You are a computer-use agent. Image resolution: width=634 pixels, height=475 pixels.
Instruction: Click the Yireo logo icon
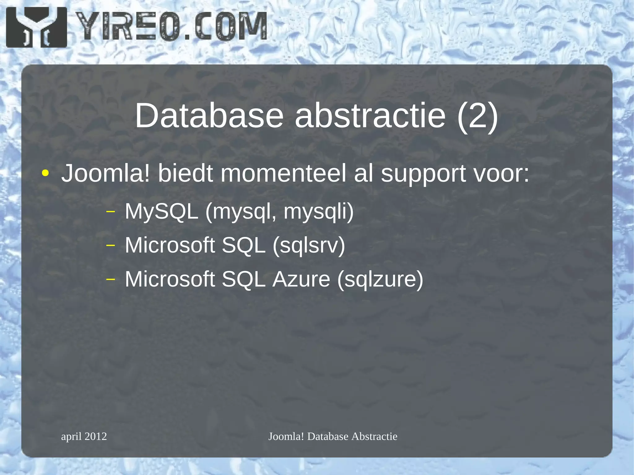tap(37, 27)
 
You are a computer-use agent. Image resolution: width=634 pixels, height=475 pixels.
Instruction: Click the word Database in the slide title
tap(209, 116)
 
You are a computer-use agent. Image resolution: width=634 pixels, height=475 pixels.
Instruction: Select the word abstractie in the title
tap(370, 116)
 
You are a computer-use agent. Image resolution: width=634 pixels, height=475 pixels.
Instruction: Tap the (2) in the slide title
tap(477, 116)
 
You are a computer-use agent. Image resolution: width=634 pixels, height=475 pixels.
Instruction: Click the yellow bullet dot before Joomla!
tap(45, 173)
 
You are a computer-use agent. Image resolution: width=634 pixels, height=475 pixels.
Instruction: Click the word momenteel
tap(283, 173)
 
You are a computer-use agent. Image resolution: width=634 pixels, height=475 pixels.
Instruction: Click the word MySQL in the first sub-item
tap(161, 212)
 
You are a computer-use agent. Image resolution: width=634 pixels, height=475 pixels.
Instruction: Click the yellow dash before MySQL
tap(110, 212)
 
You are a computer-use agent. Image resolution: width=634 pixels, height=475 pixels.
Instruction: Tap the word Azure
tap(301, 279)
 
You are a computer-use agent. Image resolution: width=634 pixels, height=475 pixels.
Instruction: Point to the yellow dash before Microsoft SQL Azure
tap(110, 279)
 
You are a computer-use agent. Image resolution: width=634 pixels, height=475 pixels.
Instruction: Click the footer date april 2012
tap(84, 436)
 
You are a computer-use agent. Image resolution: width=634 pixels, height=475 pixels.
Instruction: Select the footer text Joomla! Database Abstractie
tap(333, 436)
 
